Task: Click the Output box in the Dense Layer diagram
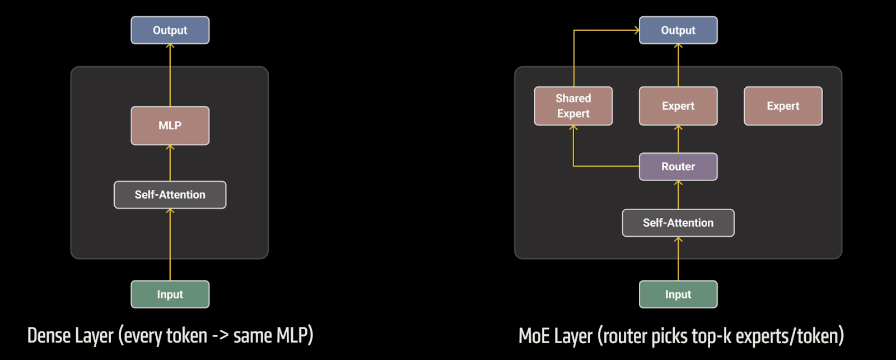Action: coord(170,30)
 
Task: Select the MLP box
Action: coord(170,125)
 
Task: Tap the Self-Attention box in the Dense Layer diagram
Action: coord(170,195)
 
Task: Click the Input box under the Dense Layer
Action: coord(170,294)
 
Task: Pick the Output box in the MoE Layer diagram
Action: coord(678,30)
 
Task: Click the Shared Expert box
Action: coord(573,106)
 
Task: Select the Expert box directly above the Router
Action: coord(678,106)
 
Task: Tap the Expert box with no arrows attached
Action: coord(782,106)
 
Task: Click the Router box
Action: coord(678,166)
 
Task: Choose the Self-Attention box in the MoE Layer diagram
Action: coord(678,223)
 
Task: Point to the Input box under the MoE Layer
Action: coord(678,294)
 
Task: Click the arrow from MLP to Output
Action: coord(170,75)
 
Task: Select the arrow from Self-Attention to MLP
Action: coord(170,163)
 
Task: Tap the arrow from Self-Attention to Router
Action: coord(678,195)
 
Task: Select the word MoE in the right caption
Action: coord(534,336)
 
